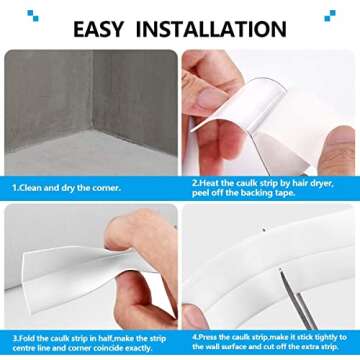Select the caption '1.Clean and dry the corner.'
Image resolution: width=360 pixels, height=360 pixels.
(66, 187)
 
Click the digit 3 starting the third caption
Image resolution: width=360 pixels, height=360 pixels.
(14, 337)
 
